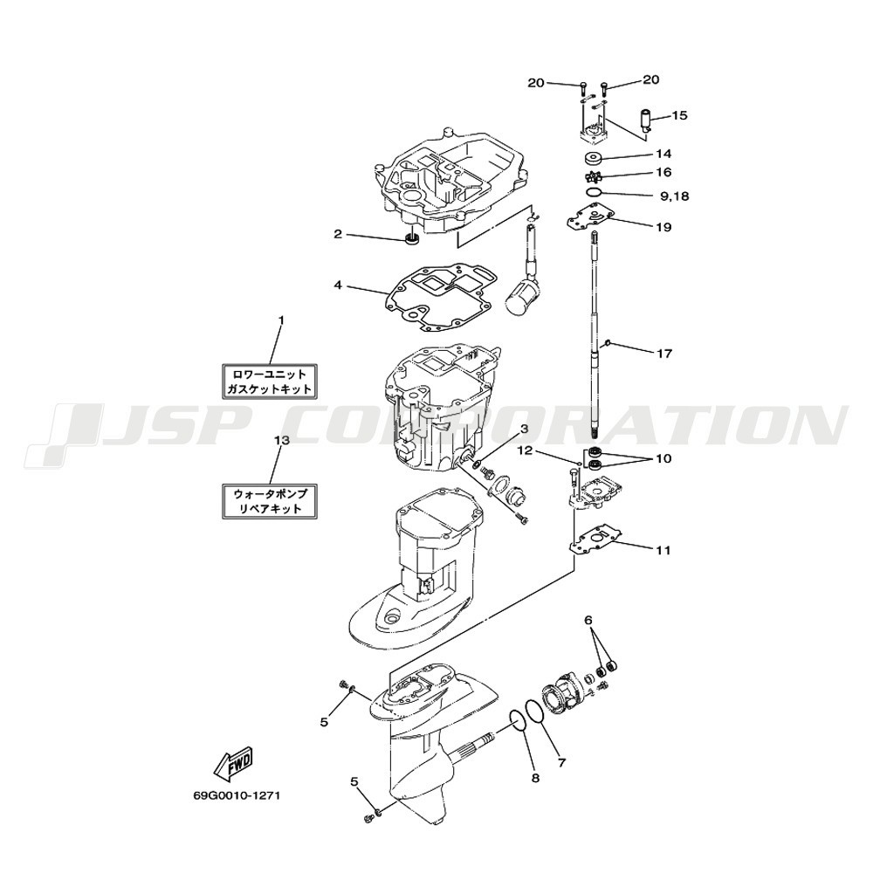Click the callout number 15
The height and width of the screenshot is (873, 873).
pos(679,115)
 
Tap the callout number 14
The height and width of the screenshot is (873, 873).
pos(663,154)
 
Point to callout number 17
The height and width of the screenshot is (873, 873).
pos(664,353)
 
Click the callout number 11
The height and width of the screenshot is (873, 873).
pos(663,550)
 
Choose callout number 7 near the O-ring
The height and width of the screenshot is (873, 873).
pos(561,763)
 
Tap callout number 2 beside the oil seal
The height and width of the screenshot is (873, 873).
pos(337,234)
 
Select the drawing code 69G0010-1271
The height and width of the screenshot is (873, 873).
pos(237,795)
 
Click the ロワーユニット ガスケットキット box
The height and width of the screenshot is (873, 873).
pos(270,382)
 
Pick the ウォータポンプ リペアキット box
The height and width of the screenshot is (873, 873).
pos(270,501)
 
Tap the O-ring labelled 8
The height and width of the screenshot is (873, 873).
pos(517,728)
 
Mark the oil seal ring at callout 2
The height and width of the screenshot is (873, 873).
pos(411,240)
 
